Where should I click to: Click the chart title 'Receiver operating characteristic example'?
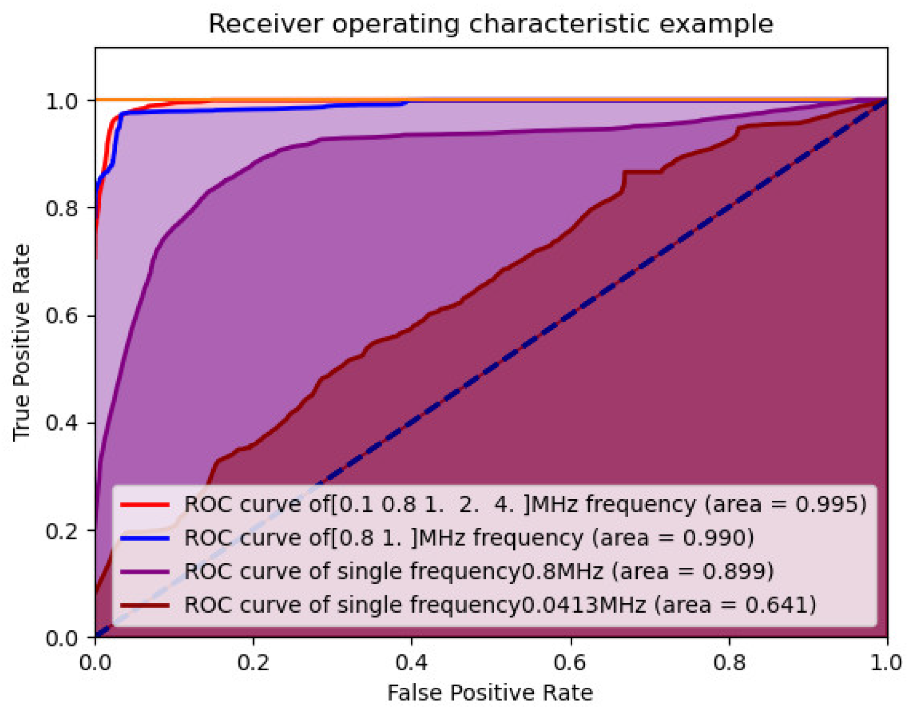[x=491, y=24]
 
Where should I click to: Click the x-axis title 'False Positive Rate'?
[x=490, y=692]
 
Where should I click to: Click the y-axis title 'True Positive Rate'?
[x=22, y=342]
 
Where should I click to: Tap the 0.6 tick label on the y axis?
[x=62, y=316]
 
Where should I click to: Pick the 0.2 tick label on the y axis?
[x=62, y=530]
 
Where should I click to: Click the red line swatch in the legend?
[x=145, y=504]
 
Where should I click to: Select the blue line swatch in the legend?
[x=145, y=538]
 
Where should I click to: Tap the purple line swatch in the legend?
[x=145, y=571]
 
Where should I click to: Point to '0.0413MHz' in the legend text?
[x=583, y=605]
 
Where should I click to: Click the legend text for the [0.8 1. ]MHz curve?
[x=469, y=538]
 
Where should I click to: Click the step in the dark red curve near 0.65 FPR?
[x=624, y=182]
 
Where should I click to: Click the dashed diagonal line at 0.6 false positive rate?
[x=571, y=315]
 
